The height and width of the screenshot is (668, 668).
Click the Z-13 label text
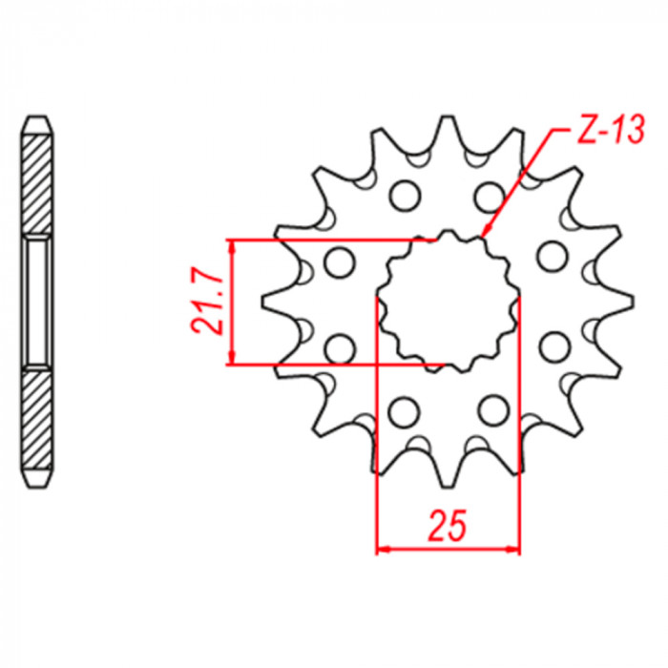(x=610, y=129)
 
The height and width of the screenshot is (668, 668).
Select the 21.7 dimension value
(x=207, y=302)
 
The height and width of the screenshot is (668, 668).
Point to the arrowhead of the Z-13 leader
(x=485, y=231)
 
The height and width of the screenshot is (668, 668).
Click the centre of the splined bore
(x=449, y=302)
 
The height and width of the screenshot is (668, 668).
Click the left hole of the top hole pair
(x=405, y=196)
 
